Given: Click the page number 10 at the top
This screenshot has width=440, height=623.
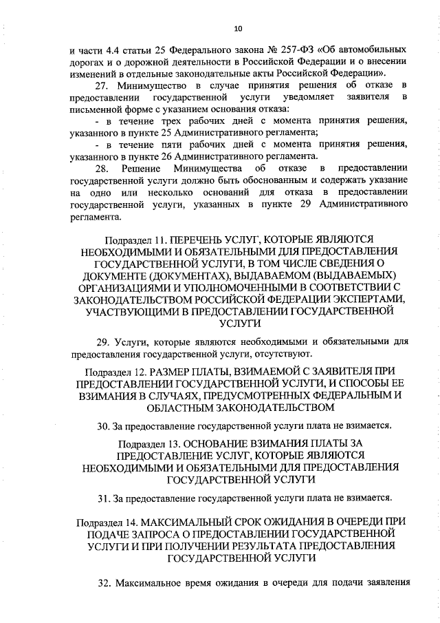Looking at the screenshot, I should pos(238,28).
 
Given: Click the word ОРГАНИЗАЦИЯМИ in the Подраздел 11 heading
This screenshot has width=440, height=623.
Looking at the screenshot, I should pos(126,286).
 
